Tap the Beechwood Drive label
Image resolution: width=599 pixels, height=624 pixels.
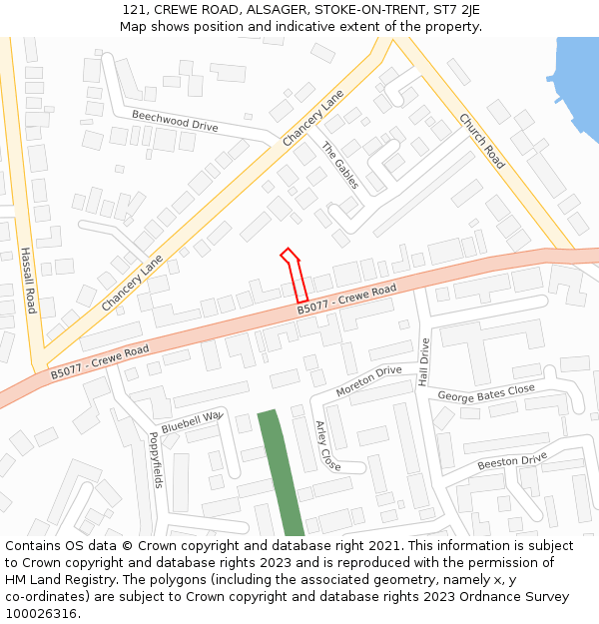click(x=175, y=121)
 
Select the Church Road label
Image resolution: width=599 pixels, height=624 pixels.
click(x=480, y=140)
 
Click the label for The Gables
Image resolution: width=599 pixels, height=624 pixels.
click(x=338, y=166)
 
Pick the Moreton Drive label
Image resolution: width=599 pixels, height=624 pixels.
click(x=368, y=381)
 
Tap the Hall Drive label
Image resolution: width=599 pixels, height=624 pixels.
click(x=423, y=362)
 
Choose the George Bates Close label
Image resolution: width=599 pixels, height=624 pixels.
click(x=486, y=394)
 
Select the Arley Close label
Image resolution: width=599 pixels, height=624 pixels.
click(x=327, y=445)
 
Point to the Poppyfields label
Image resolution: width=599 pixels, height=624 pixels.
click(x=155, y=459)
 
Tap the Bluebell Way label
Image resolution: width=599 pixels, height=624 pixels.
click(x=191, y=420)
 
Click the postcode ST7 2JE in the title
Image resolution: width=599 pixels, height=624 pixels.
click(x=457, y=9)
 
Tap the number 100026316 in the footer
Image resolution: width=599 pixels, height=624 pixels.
click(x=40, y=614)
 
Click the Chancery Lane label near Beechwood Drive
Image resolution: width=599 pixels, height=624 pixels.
click(x=313, y=118)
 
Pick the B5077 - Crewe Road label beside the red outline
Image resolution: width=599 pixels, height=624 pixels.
click(x=346, y=301)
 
